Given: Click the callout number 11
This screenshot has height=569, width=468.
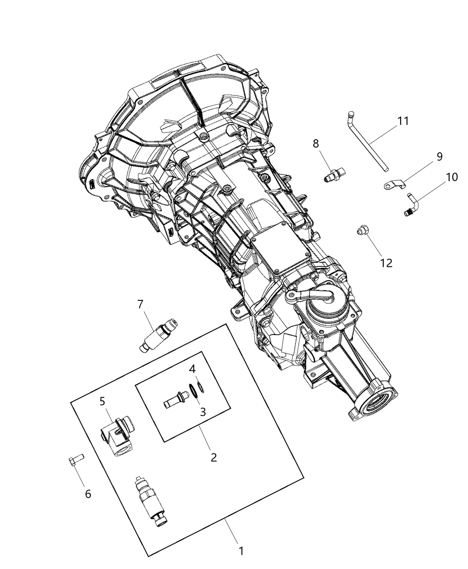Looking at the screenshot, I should click(403, 121).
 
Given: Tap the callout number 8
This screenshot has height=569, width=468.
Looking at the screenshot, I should click(316, 143).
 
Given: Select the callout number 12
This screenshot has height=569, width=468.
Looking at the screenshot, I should click(386, 263).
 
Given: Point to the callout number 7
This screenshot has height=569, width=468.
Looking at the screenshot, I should click(140, 304).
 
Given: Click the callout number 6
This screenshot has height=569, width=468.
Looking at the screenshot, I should click(88, 494).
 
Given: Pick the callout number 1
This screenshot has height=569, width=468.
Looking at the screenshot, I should click(241, 551).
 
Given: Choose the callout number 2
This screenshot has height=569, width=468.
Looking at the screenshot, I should click(213, 457).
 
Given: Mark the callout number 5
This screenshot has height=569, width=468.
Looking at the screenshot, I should click(103, 401).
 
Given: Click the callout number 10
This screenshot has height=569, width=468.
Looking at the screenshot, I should click(451, 177).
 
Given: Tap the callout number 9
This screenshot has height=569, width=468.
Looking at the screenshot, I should click(439, 156).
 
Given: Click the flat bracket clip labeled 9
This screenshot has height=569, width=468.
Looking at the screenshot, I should click(394, 184).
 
